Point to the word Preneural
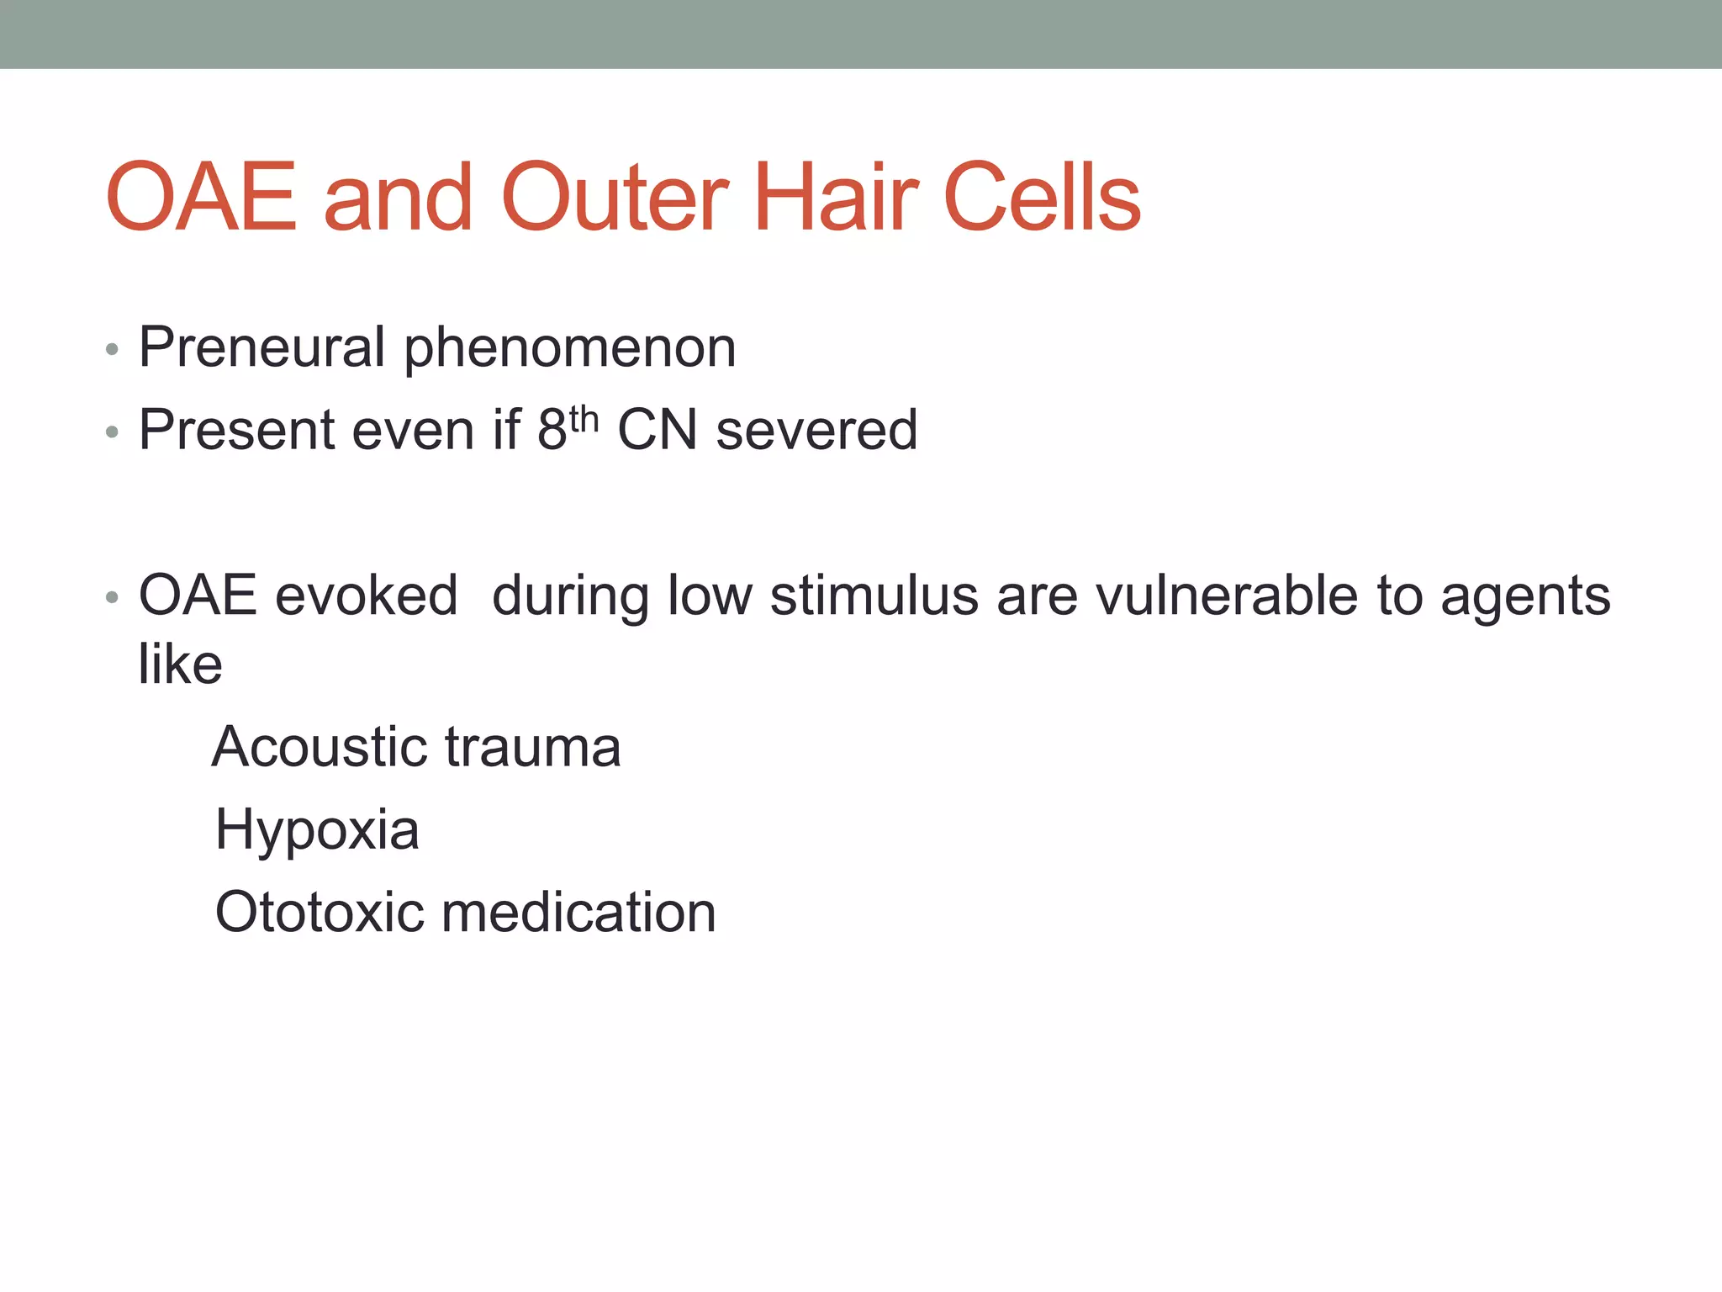coord(261,347)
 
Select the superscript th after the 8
coord(584,418)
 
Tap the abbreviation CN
coord(657,430)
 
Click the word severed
coord(816,430)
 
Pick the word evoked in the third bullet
coord(367,596)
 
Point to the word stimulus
coord(874,596)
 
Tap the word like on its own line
coord(180,665)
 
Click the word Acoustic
coord(320,747)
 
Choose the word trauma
coord(532,747)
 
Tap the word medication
coord(578,912)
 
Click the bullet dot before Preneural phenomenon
coord(112,349)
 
